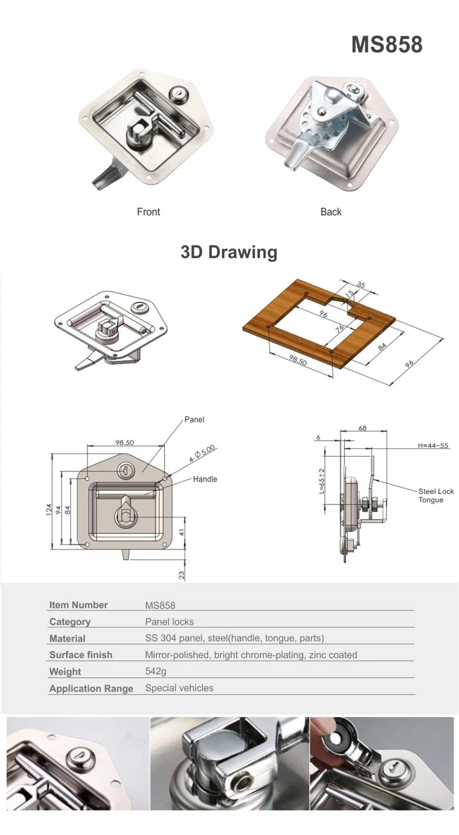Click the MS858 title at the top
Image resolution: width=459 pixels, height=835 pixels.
387,44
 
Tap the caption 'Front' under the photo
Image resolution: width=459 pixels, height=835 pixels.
148,212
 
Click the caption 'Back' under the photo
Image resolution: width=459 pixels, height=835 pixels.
331,212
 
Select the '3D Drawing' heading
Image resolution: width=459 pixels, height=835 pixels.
229,252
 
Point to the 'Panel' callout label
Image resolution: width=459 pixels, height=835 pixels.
195,419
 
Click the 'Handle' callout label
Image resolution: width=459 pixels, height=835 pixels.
205,479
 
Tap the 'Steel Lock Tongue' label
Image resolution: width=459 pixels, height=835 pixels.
436,495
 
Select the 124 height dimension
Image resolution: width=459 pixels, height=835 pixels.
49,509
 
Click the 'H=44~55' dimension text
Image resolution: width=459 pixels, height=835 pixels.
433,446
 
